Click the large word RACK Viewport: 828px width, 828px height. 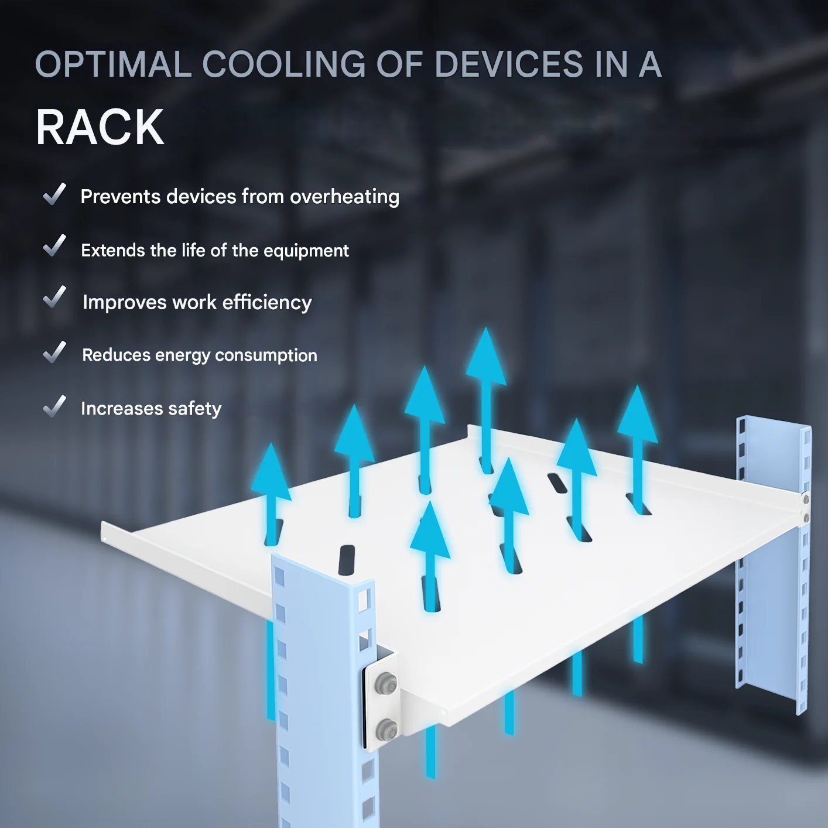[100, 127]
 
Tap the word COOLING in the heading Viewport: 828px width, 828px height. [284, 64]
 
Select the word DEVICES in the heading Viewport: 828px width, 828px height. [509, 64]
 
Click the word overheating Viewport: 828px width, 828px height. [344, 197]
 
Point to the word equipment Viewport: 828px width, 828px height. [306, 251]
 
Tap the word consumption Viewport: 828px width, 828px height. [266, 355]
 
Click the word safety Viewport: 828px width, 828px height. [195, 409]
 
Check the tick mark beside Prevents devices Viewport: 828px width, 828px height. [54, 194]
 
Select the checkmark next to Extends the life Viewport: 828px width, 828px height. [54, 246]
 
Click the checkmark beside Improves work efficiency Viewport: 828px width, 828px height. [54, 297]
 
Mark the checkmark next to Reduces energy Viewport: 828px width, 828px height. [54, 352]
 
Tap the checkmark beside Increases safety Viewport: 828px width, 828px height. [54, 406]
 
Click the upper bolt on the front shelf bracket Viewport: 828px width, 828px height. [386, 683]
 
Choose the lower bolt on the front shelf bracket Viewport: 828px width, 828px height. [386, 730]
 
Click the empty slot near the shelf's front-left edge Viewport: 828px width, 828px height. [347, 560]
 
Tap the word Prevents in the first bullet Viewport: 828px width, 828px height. [120, 197]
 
